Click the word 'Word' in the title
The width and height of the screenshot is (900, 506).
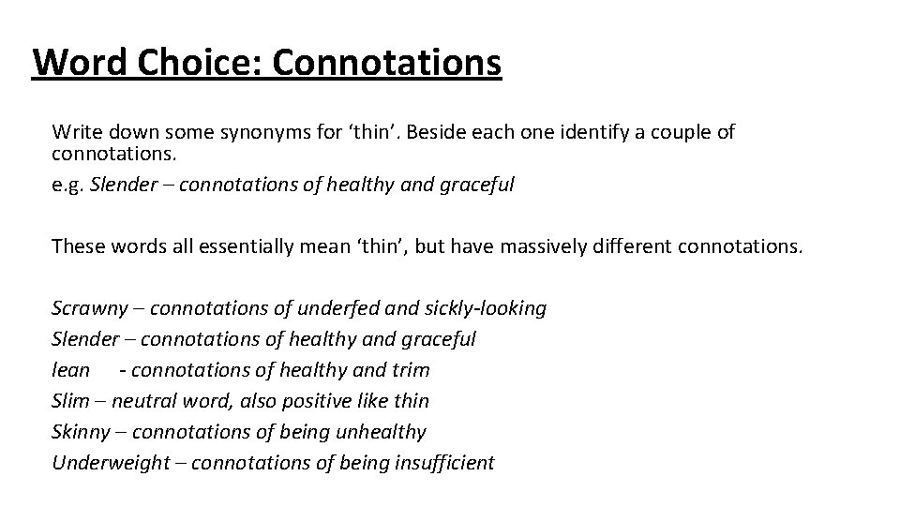77,64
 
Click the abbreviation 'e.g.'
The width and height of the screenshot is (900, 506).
68,185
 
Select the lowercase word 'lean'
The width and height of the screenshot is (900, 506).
70,370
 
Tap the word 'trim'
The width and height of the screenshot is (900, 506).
410,370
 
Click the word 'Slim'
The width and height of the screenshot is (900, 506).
70,401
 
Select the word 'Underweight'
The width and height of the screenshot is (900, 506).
110,463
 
